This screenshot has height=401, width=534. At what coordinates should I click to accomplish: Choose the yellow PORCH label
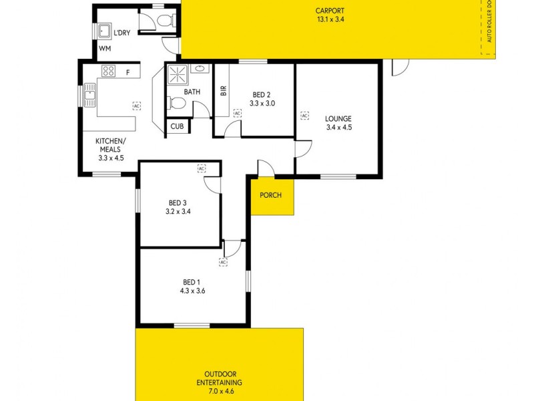pyautogui.click(x=271, y=196)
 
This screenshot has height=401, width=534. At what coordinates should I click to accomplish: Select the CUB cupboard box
pyautogui.click(x=177, y=126)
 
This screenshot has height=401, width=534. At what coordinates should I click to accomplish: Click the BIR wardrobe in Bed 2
pyautogui.click(x=224, y=91)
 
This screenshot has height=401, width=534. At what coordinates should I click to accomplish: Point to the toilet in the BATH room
pyautogui.click(x=176, y=103)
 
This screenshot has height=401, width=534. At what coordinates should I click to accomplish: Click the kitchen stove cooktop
pyautogui.click(x=109, y=70)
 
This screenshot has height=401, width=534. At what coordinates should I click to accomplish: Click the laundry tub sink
pyautogui.click(x=105, y=31)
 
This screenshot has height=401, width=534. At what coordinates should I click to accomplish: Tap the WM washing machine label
pyautogui.click(x=105, y=49)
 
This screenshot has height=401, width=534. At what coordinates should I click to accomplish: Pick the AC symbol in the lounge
pyautogui.click(x=304, y=116)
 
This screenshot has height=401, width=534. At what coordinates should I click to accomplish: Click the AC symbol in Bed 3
pyautogui.click(x=202, y=168)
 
